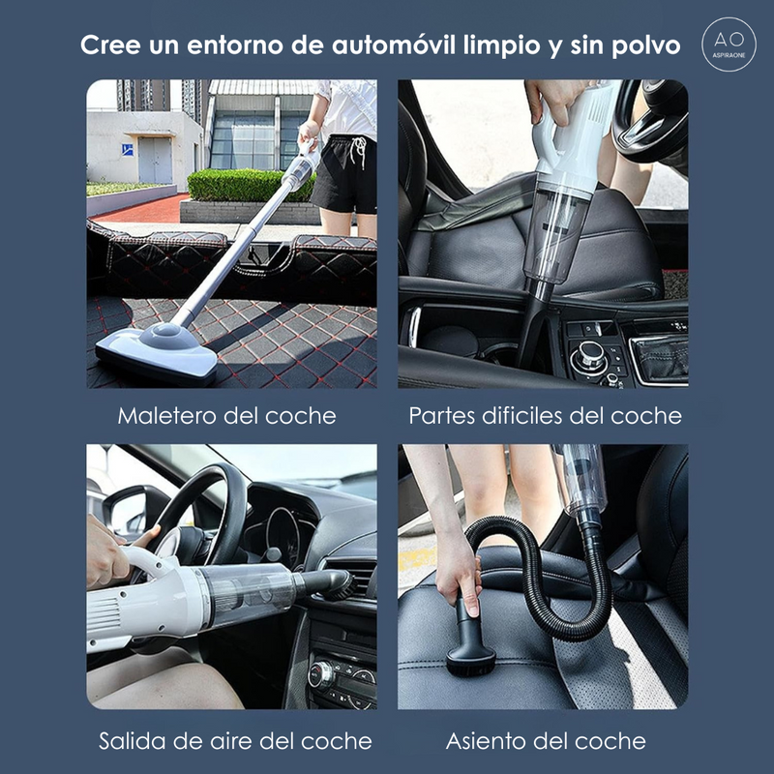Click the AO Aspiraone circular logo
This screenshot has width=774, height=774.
729,45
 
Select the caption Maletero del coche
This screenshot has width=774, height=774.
227,416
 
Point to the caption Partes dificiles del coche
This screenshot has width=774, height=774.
545,416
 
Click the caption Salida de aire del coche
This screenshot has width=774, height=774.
235,741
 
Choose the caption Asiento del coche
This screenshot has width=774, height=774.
546,741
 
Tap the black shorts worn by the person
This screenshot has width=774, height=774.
343,174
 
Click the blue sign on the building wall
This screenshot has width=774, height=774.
127,149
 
